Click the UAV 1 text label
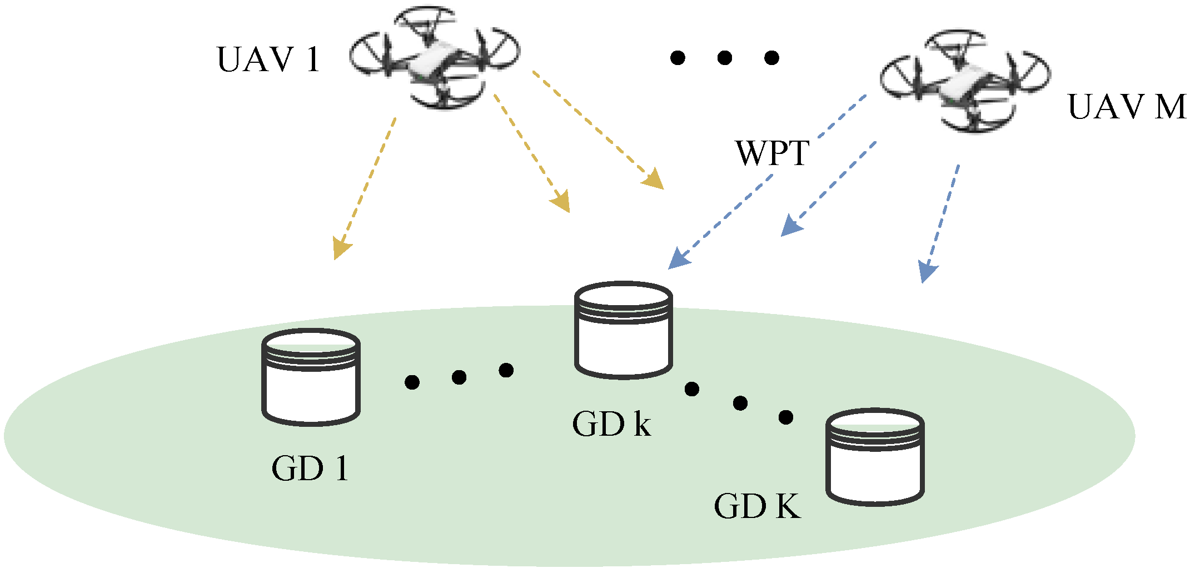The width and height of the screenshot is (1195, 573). pyautogui.click(x=268, y=59)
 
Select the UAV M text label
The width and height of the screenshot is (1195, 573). pyautogui.click(x=1127, y=107)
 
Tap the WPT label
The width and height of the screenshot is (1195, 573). pyautogui.click(x=772, y=153)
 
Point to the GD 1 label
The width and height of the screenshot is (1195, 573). pyautogui.click(x=310, y=469)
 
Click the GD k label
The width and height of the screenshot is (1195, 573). pyautogui.click(x=611, y=425)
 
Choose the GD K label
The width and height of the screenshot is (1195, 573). pyautogui.click(x=757, y=506)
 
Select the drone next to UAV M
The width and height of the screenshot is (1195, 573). pyautogui.click(x=966, y=82)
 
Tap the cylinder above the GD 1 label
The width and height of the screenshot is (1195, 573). pyautogui.click(x=311, y=377)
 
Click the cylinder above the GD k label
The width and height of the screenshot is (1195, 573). pyautogui.click(x=623, y=330)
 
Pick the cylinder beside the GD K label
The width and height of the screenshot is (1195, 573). pyautogui.click(x=875, y=457)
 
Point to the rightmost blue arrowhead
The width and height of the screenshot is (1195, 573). pyautogui.click(x=927, y=272)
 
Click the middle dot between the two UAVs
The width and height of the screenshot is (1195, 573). pyautogui.click(x=724, y=57)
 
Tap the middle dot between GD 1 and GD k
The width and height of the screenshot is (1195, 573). pyautogui.click(x=459, y=377)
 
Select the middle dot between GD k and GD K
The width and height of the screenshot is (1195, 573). pyautogui.click(x=740, y=403)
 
